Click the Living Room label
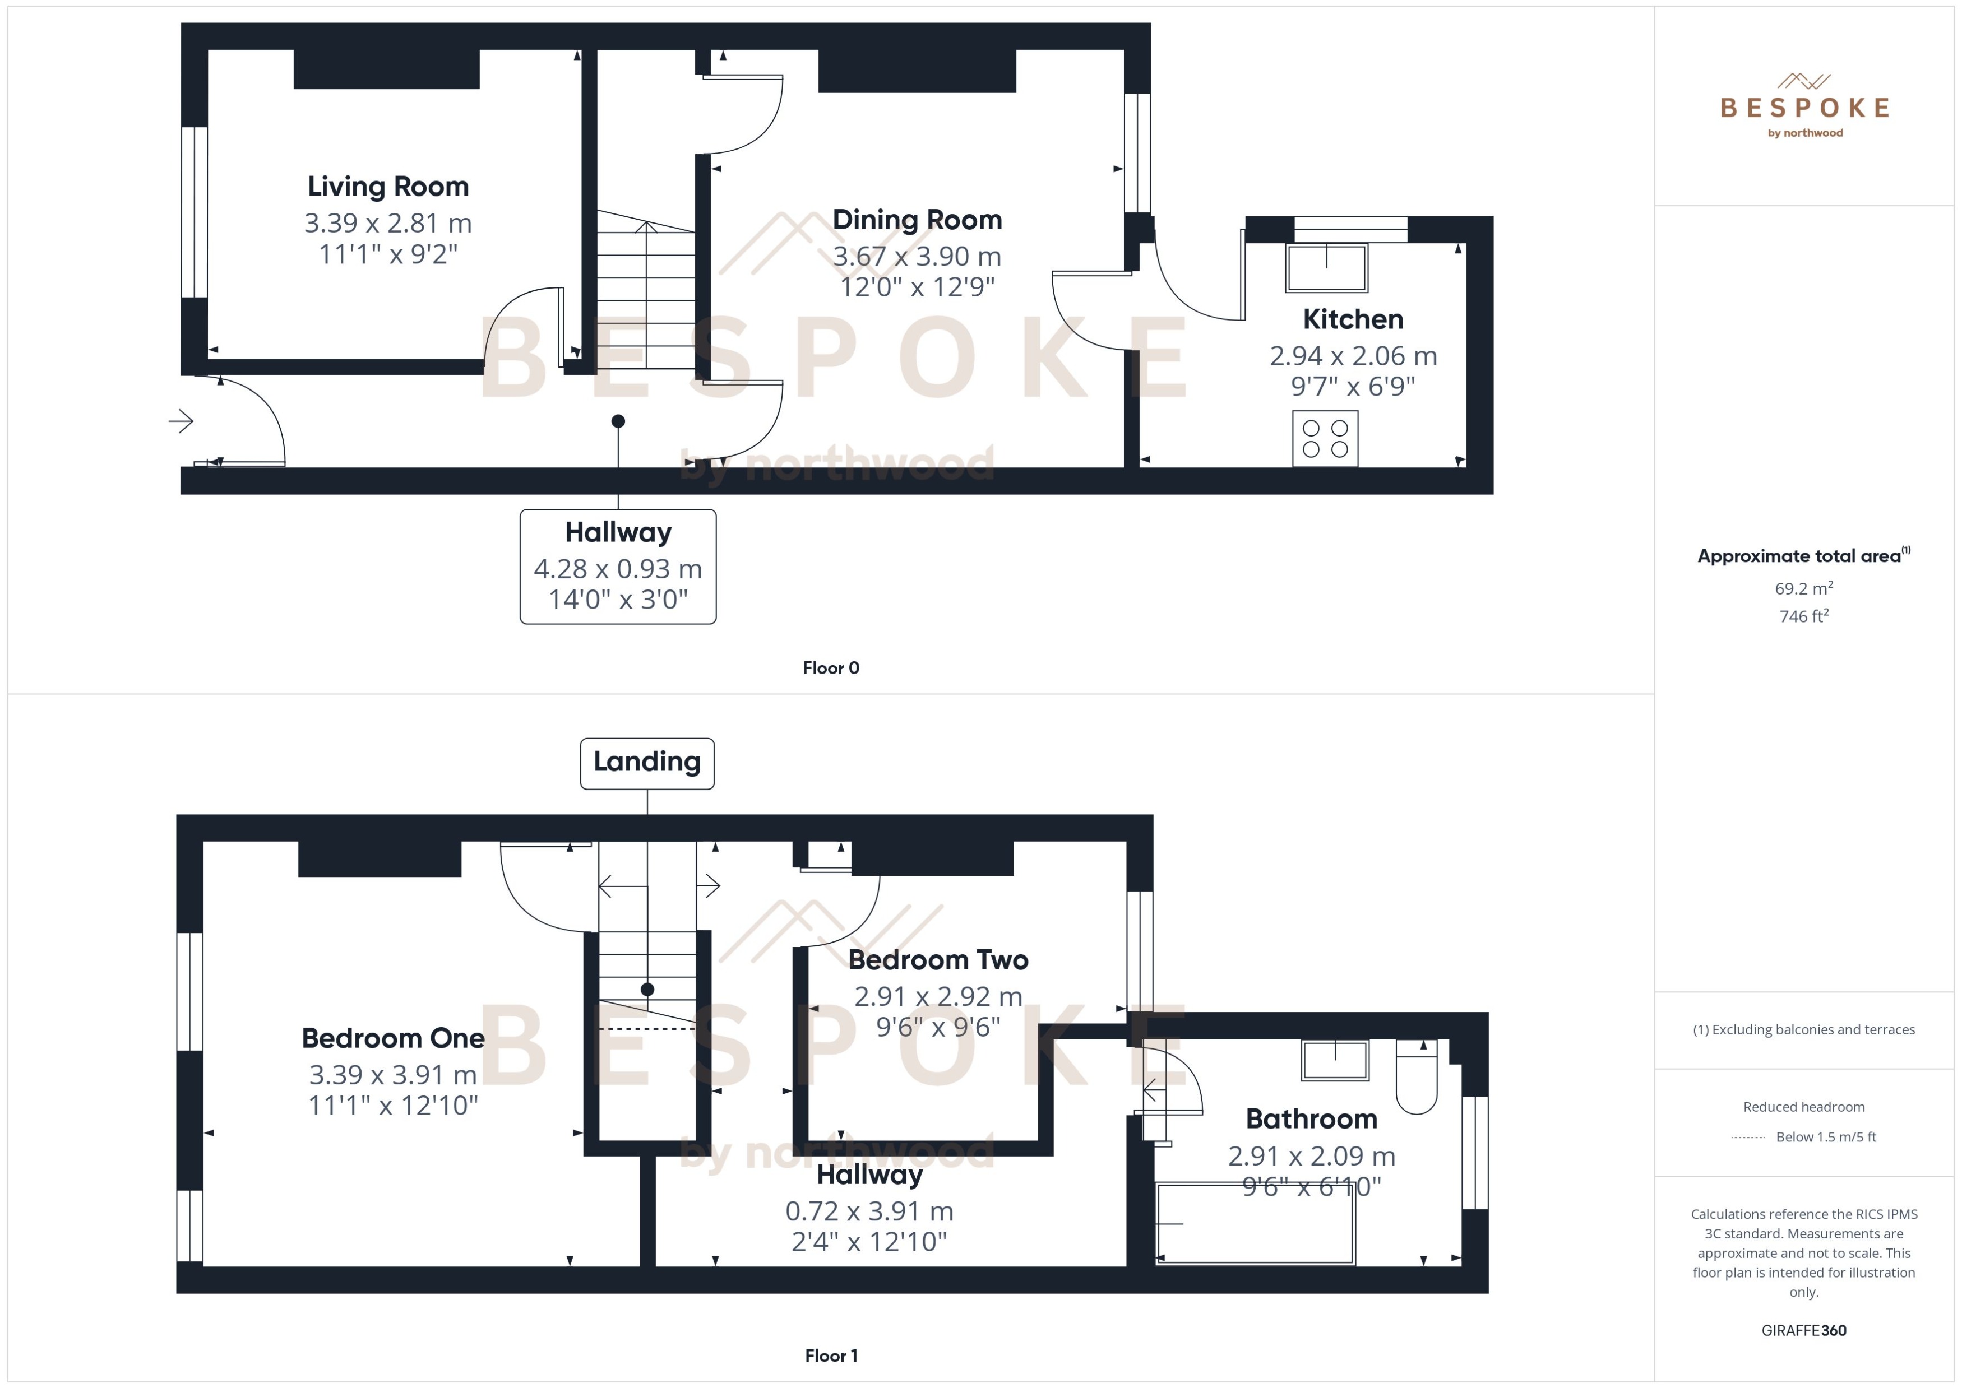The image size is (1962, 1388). point(387,187)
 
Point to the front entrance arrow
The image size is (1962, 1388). point(181,420)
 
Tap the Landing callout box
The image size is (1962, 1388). point(646,763)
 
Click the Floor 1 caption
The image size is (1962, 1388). point(830,1355)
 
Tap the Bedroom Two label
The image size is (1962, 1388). point(938,960)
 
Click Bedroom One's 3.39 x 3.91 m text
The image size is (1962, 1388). point(392,1074)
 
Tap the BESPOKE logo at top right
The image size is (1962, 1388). point(1804,107)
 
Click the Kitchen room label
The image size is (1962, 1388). point(1353,319)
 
